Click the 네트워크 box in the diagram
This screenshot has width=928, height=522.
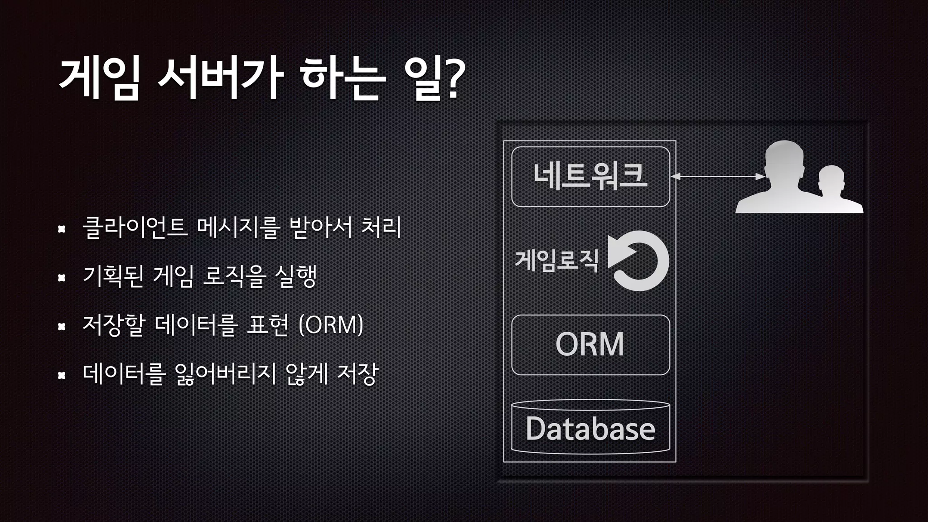[590, 177]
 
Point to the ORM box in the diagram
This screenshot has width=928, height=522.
[590, 345]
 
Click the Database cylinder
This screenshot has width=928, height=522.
[590, 427]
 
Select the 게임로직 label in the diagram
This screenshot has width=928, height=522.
[557, 260]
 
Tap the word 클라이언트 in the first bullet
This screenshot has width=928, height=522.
[135, 227]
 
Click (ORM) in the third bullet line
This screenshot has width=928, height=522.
[331, 324]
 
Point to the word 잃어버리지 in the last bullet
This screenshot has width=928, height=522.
[225, 374]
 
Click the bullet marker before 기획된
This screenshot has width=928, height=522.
[62, 278]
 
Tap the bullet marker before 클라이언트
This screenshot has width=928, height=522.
[62, 230]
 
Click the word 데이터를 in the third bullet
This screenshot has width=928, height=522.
[196, 324]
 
